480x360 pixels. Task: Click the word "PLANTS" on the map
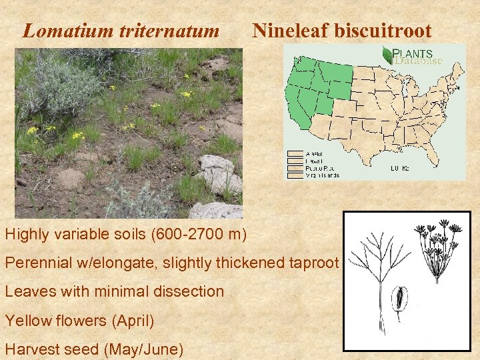point(413,53)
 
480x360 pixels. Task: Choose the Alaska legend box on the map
point(294,154)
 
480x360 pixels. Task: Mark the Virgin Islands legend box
point(294,175)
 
